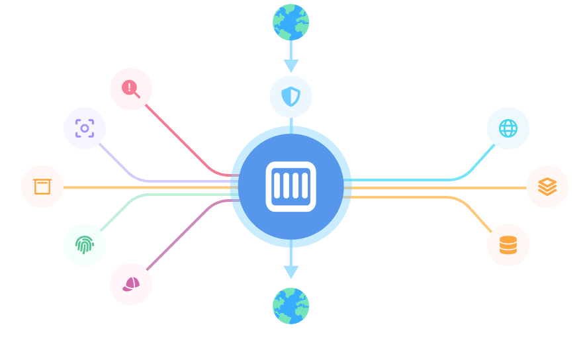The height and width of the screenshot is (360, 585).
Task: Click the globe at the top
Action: coord(291,22)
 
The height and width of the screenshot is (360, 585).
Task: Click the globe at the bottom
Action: coord(291,306)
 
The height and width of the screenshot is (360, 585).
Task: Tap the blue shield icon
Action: coord(291,96)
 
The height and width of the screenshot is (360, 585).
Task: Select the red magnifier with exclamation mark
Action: coord(131,89)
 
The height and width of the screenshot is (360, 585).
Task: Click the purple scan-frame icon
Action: coord(85,128)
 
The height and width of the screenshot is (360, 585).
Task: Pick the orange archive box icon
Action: coord(42,187)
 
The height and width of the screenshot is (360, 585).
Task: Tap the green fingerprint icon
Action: coord(85,245)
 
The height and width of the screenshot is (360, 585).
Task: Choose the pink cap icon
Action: coord(131,284)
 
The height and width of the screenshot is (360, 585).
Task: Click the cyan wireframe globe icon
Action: coord(508,128)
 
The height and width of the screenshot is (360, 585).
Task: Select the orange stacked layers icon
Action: coord(547,187)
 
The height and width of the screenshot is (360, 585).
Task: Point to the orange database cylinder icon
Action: coord(508,245)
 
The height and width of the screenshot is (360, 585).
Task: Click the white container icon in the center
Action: coord(291,187)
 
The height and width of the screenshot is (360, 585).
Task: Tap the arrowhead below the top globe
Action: coord(291,66)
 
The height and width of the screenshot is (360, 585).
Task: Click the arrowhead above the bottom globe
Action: coord(291,271)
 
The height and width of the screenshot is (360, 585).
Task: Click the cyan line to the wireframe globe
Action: coord(410,179)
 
